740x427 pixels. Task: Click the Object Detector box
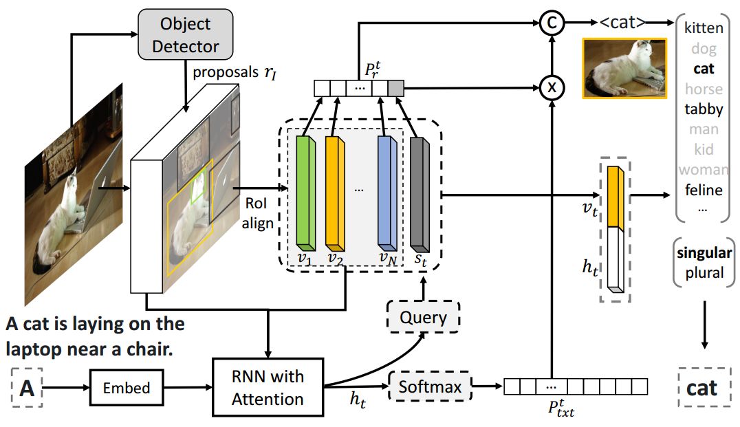coord(186,36)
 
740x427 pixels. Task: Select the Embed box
coord(127,388)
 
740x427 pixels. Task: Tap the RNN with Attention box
coord(268,388)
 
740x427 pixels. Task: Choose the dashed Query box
coord(423,318)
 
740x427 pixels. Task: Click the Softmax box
coord(430,387)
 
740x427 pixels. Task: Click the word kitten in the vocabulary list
coord(704,28)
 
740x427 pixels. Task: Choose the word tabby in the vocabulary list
coord(704,109)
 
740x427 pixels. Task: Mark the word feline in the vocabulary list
coord(704,189)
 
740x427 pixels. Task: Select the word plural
coord(704,272)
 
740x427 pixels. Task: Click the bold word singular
coord(704,252)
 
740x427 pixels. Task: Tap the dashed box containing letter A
coord(28,388)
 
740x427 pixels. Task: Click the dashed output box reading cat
coord(702,387)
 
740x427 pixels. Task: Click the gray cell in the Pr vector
coord(395,88)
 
